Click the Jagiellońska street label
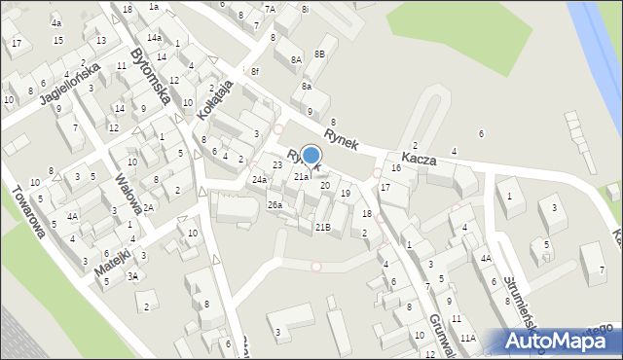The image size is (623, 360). point(69,85)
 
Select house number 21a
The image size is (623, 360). point(302,177)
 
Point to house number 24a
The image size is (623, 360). point(259,180)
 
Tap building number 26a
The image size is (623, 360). point(275,204)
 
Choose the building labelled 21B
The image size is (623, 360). point(322,227)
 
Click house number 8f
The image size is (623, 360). point(254,71)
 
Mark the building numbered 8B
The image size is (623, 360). point(319,54)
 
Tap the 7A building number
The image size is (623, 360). point(270,9)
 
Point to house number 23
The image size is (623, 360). point(276,165)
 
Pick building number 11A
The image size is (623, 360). point(468,338)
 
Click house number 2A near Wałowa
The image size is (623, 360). point(149,208)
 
